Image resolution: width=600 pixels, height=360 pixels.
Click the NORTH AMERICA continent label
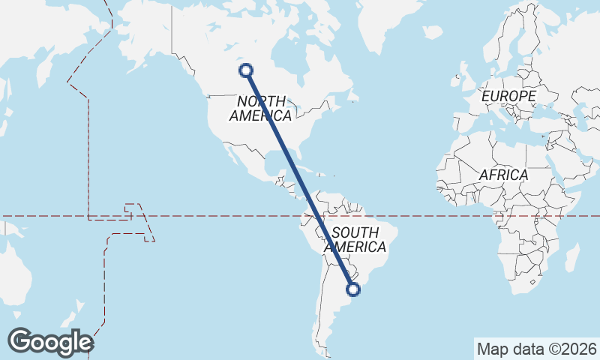260,109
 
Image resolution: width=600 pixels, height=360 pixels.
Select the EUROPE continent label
508,97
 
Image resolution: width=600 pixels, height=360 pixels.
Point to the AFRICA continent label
503,175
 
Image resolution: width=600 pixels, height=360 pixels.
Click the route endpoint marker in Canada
245,70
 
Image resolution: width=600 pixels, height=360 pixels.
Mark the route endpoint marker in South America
353,289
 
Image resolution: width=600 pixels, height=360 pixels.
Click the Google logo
50,342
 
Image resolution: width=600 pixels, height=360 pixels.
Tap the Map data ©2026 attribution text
536,349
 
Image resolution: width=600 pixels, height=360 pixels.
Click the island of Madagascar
572,257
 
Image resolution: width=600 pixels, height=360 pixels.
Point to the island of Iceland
433,32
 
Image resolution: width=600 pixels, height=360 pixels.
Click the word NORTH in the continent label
261,101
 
